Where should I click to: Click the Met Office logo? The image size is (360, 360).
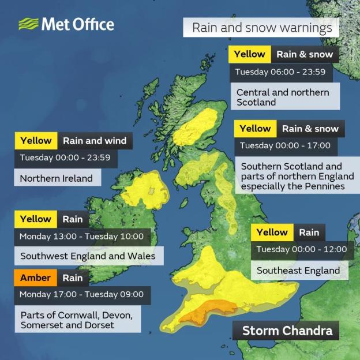point(66,24)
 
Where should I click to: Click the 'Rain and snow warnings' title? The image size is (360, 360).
point(261,28)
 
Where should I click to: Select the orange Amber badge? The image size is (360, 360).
point(36,277)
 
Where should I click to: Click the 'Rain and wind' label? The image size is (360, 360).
point(94,140)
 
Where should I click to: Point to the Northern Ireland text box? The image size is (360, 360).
point(56,178)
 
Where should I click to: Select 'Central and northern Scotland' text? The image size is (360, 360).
point(283,97)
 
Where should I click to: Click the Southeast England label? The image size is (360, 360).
point(298,270)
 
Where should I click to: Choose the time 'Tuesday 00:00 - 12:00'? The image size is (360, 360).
point(302,249)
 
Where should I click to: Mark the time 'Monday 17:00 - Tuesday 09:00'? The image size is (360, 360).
point(81,294)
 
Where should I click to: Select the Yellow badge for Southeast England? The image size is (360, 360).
point(272,232)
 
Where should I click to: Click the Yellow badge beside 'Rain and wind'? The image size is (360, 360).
point(36,140)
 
